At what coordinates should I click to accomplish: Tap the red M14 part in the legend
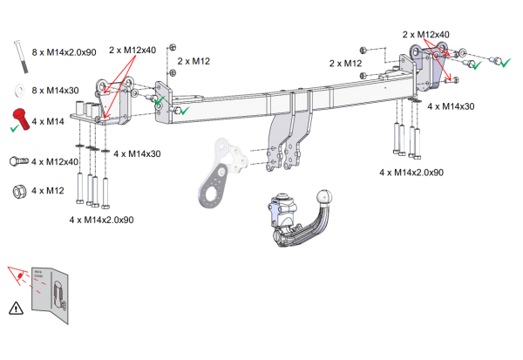[20, 119]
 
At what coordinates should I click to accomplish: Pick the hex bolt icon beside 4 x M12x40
[18, 161]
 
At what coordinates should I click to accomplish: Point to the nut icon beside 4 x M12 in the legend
[17, 190]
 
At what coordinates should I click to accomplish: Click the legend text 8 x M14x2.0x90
[64, 52]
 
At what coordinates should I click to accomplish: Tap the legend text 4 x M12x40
[56, 161]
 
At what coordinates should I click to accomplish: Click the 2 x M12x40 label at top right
[425, 34]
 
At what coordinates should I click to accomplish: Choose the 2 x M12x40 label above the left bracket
[132, 50]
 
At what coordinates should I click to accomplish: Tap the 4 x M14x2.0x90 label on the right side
[411, 173]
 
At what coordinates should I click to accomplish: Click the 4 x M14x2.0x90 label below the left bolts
[101, 220]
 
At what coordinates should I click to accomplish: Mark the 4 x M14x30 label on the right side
[452, 105]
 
